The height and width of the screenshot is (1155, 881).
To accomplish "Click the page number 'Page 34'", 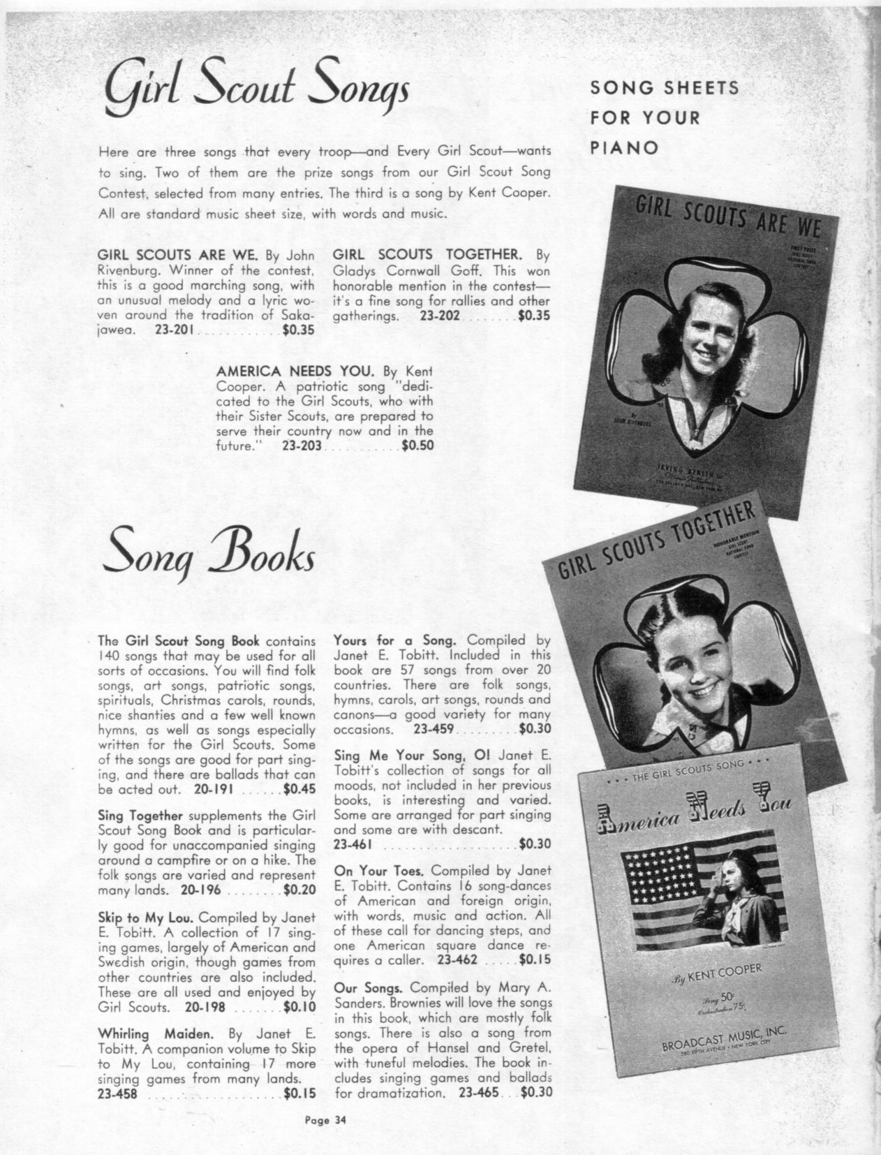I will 325,1121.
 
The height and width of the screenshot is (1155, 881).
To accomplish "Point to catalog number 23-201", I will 175,331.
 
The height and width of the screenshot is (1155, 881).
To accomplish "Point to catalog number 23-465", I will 479,1092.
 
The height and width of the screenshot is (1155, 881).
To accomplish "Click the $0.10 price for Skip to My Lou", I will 300,1006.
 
